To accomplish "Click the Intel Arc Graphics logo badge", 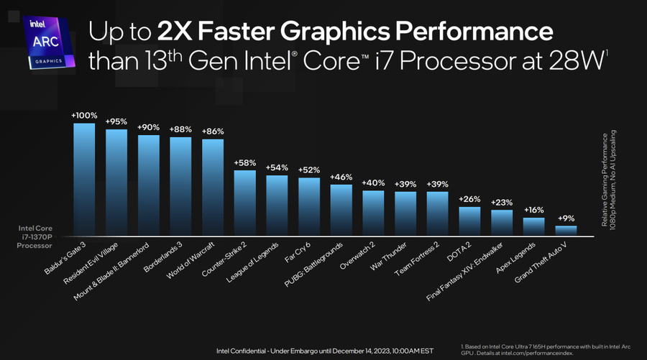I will point(47,42).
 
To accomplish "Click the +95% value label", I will point(116,121).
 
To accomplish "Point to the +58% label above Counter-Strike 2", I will point(245,162).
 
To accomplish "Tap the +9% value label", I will point(566,218).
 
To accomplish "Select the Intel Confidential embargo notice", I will point(325,351).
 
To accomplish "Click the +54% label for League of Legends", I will point(277,167).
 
